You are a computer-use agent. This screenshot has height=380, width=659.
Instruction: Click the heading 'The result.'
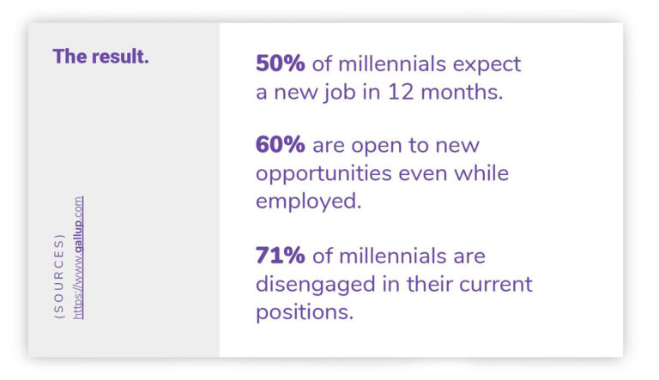(101, 57)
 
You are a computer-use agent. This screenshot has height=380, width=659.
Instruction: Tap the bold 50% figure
(281, 63)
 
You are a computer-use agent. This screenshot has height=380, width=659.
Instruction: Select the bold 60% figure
(281, 145)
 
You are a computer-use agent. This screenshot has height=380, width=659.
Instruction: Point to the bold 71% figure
(281, 255)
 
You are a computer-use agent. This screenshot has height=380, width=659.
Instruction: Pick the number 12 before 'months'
(401, 92)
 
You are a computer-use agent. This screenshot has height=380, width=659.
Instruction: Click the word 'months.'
(462, 92)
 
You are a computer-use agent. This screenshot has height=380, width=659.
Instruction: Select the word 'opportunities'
(323, 174)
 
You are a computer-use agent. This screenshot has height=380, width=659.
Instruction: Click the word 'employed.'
(309, 201)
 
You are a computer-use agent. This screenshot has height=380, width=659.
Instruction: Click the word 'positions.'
(305, 313)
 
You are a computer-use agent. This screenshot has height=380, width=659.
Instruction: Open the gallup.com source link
(78, 257)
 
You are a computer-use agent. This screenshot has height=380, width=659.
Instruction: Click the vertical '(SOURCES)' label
(59, 276)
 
